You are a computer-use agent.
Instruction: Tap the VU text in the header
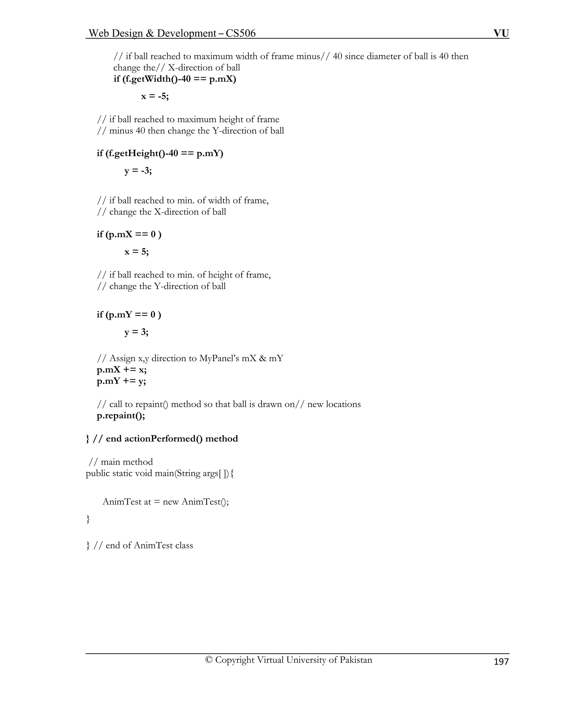pyautogui.click(x=501, y=33)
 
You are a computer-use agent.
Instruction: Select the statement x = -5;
pyautogui.click(x=155, y=96)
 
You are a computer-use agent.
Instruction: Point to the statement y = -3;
pyautogui.click(x=138, y=171)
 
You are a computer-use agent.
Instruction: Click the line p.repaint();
pyautogui.click(x=121, y=416)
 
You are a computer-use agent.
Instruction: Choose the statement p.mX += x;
pyautogui.click(x=122, y=370)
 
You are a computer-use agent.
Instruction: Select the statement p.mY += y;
pyautogui.click(x=121, y=381)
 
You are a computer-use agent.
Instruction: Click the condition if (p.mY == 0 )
pyautogui.click(x=129, y=315)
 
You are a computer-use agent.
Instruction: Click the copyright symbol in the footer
pyautogui.click(x=209, y=660)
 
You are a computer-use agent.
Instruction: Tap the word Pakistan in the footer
pyautogui.click(x=356, y=660)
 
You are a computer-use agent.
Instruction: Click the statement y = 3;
pyautogui.click(x=136, y=332)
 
